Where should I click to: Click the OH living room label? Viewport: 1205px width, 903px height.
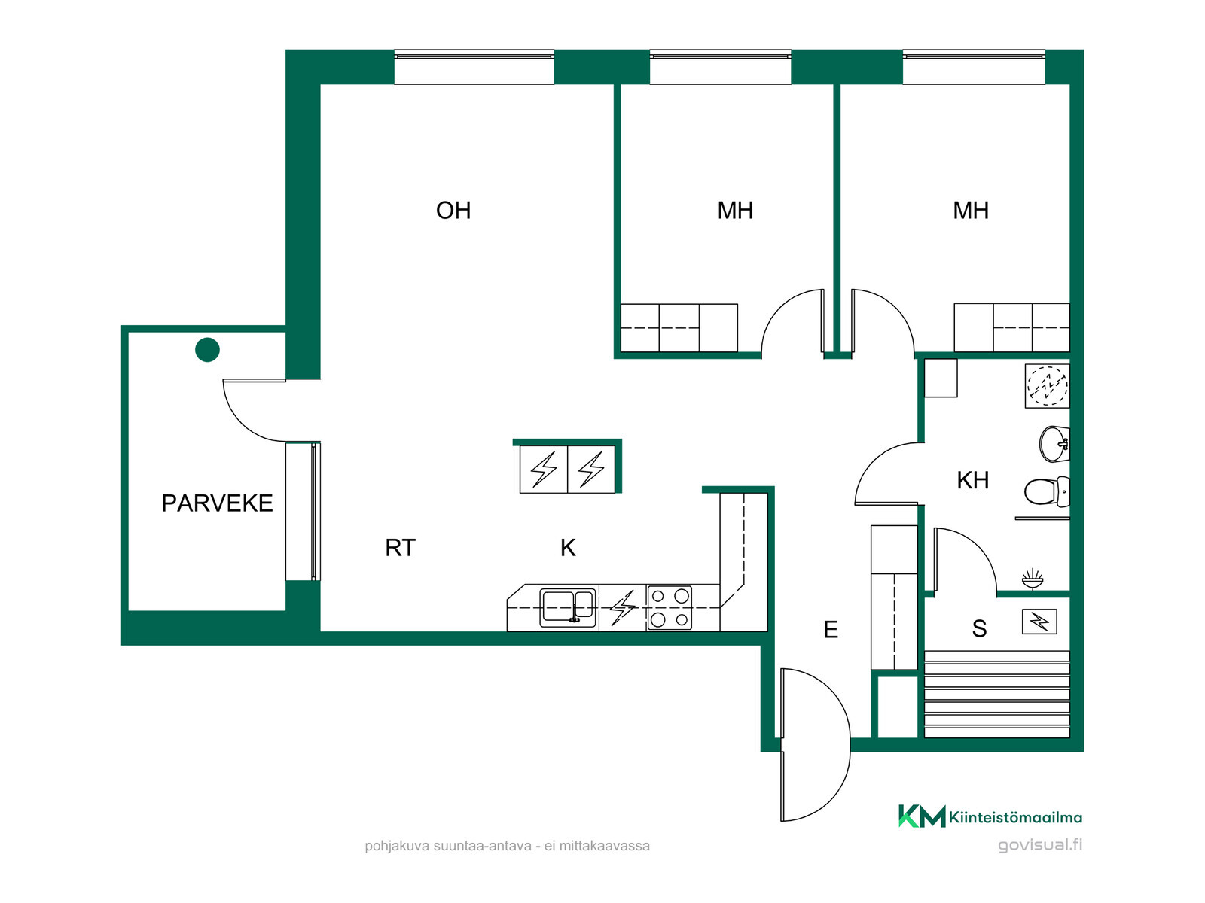tap(453, 211)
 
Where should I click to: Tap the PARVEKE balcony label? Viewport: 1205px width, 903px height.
tap(217, 503)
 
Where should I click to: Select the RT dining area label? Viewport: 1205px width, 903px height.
tap(400, 548)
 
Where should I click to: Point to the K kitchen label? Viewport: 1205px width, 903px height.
tap(568, 548)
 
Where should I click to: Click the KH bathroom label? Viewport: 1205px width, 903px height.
tap(973, 480)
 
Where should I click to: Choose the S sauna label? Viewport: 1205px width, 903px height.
tap(979, 629)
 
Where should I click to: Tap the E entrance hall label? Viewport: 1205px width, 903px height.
tap(831, 629)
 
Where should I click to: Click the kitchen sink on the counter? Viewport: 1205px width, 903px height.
tap(568, 607)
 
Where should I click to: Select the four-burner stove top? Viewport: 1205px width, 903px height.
tap(670, 607)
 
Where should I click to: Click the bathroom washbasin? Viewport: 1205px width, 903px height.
tap(1054, 443)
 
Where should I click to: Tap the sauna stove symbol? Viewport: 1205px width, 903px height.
tap(1039, 622)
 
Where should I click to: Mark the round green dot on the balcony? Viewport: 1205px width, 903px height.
tap(208, 350)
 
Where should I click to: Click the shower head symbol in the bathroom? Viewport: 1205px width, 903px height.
tap(1032, 579)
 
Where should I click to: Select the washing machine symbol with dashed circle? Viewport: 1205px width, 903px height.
tap(1047, 386)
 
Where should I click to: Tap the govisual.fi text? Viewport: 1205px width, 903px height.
tap(1040, 845)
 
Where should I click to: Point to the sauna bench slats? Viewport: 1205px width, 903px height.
tap(997, 694)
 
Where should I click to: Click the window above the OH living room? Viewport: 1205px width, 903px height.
tap(474, 67)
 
